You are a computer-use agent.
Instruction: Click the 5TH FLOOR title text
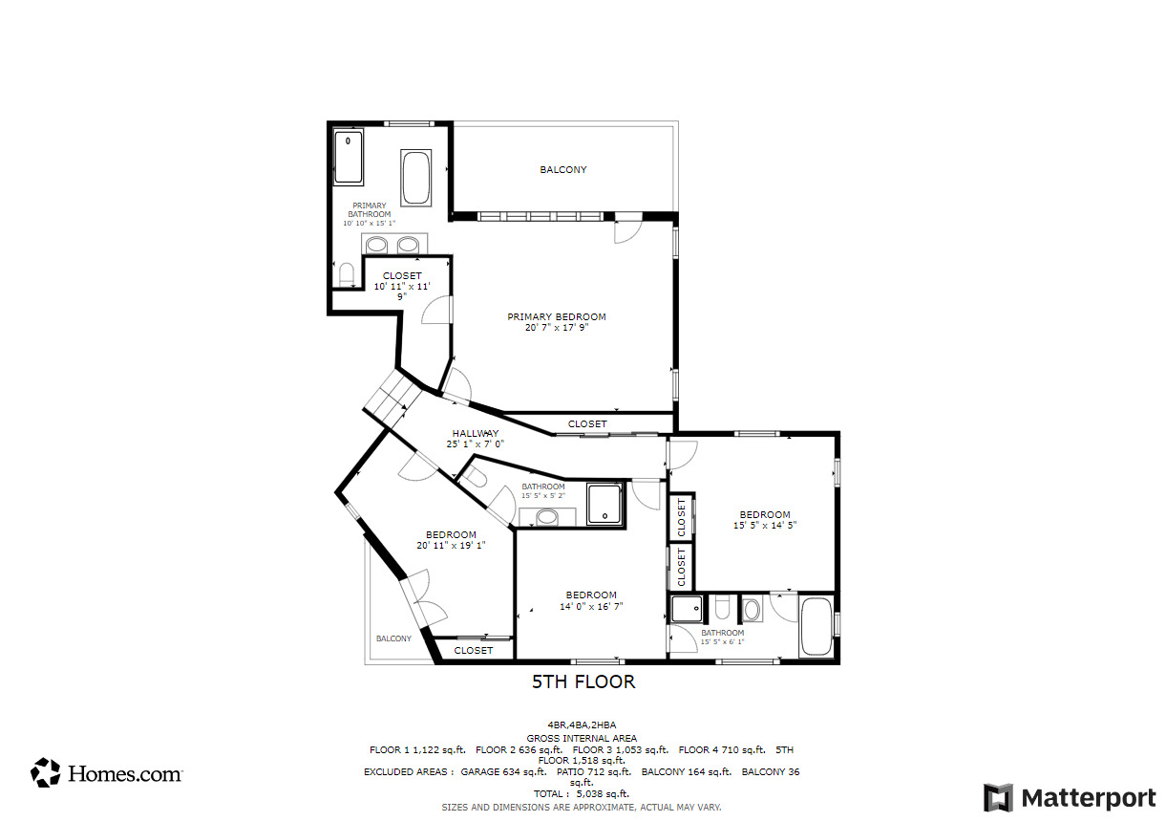pos(583,682)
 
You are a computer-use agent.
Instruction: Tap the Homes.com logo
pos(106,772)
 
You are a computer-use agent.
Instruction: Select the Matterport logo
pos(1069,797)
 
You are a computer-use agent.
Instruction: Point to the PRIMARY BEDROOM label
pos(556,322)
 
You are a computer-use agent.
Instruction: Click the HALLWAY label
pos(475,439)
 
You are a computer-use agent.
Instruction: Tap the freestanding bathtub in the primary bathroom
pos(415,177)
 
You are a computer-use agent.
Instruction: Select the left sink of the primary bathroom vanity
pos(377,245)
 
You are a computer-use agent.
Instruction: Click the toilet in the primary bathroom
pos(346,275)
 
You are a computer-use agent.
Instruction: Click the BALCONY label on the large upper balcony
pos(563,170)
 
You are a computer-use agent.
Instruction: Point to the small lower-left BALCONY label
pos(393,638)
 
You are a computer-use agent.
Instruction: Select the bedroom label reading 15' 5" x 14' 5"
pos(764,520)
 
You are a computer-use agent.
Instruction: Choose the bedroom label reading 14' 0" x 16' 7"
pos(591,600)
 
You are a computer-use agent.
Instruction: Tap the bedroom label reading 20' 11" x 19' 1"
pos(451,540)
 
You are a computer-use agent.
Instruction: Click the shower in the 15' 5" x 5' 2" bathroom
pos(604,504)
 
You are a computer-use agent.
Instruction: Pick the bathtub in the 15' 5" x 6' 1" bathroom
pos(816,626)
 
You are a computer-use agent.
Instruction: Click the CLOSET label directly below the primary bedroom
pos(587,424)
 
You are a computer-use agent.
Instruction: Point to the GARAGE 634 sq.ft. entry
pos(502,771)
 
